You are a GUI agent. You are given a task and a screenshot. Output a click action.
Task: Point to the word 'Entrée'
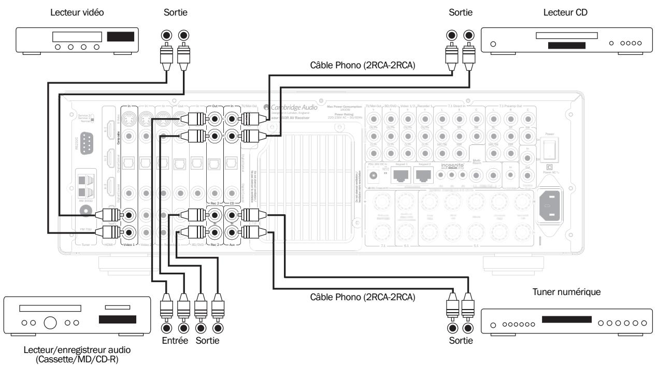(x=175, y=343)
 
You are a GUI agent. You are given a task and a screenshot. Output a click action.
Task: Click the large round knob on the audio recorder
(x=50, y=324)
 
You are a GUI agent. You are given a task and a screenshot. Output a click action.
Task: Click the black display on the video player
(x=120, y=37)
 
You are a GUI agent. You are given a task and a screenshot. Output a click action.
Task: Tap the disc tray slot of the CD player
(x=565, y=36)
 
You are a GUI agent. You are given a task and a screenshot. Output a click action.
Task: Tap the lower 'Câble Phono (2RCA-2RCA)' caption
(x=362, y=298)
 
